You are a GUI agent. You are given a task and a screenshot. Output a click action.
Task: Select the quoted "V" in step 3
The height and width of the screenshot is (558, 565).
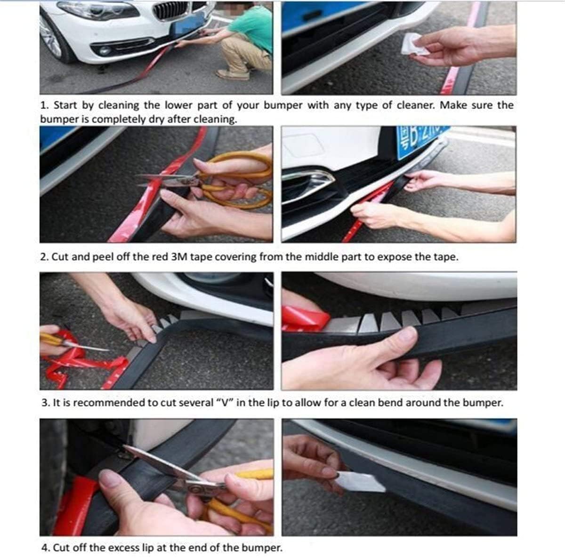click(x=224, y=402)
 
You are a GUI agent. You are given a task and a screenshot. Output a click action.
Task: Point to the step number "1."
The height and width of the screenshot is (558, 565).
click(x=44, y=105)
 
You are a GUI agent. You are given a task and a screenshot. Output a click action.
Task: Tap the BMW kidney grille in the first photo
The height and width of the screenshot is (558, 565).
click(x=170, y=11)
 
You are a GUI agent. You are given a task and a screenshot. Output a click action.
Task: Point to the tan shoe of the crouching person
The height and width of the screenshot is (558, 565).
click(x=233, y=74)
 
